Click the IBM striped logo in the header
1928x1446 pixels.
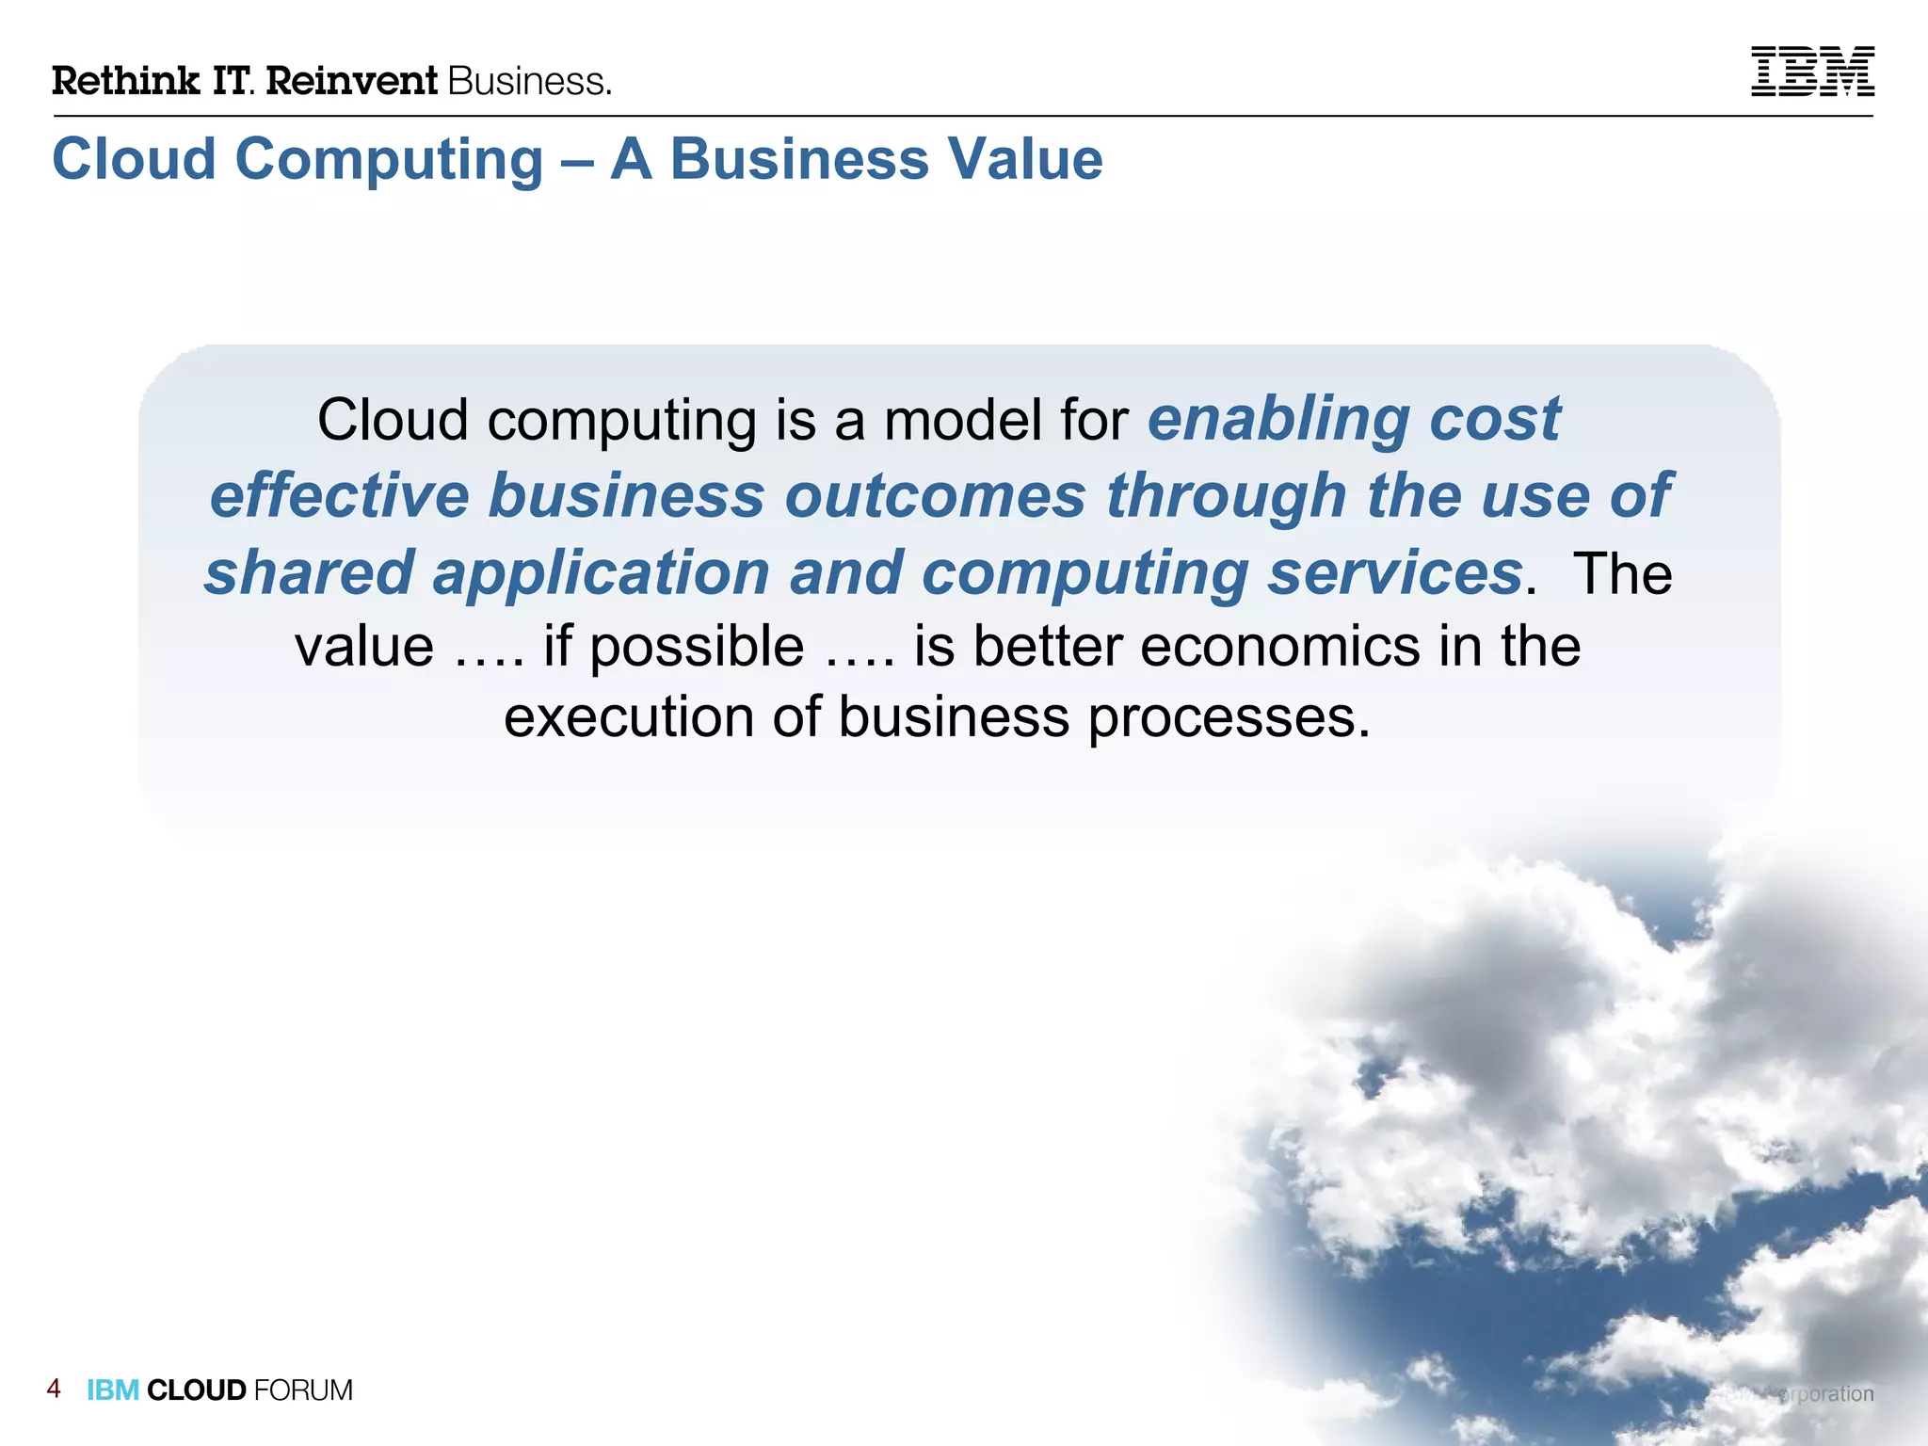pyautogui.click(x=1811, y=72)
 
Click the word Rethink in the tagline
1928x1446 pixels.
pyautogui.click(x=125, y=81)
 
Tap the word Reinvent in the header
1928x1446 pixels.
pyautogui.click(x=352, y=81)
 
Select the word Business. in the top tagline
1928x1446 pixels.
pyautogui.click(x=530, y=81)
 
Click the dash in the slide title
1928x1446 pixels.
pyautogui.click(x=576, y=160)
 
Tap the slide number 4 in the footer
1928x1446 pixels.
pyautogui.click(x=54, y=1389)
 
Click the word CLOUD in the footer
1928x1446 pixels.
pyautogui.click(x=196, y=1390)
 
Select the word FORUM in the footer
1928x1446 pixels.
pyautogui.click(x=303, y=1390)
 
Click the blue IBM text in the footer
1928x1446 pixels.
pyautogui.click(x=113, y=1390)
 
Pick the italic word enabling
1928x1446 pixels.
pyautogui.click(x=1277, y=419)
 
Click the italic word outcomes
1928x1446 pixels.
pyautogui.click(x=935, y=495)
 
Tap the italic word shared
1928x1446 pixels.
pyautogui.click(x=309, y=572)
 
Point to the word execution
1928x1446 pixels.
pyautogui.click(x=628, y=717)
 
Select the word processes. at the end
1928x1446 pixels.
pyautogui.click(x=1229, y=717)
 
